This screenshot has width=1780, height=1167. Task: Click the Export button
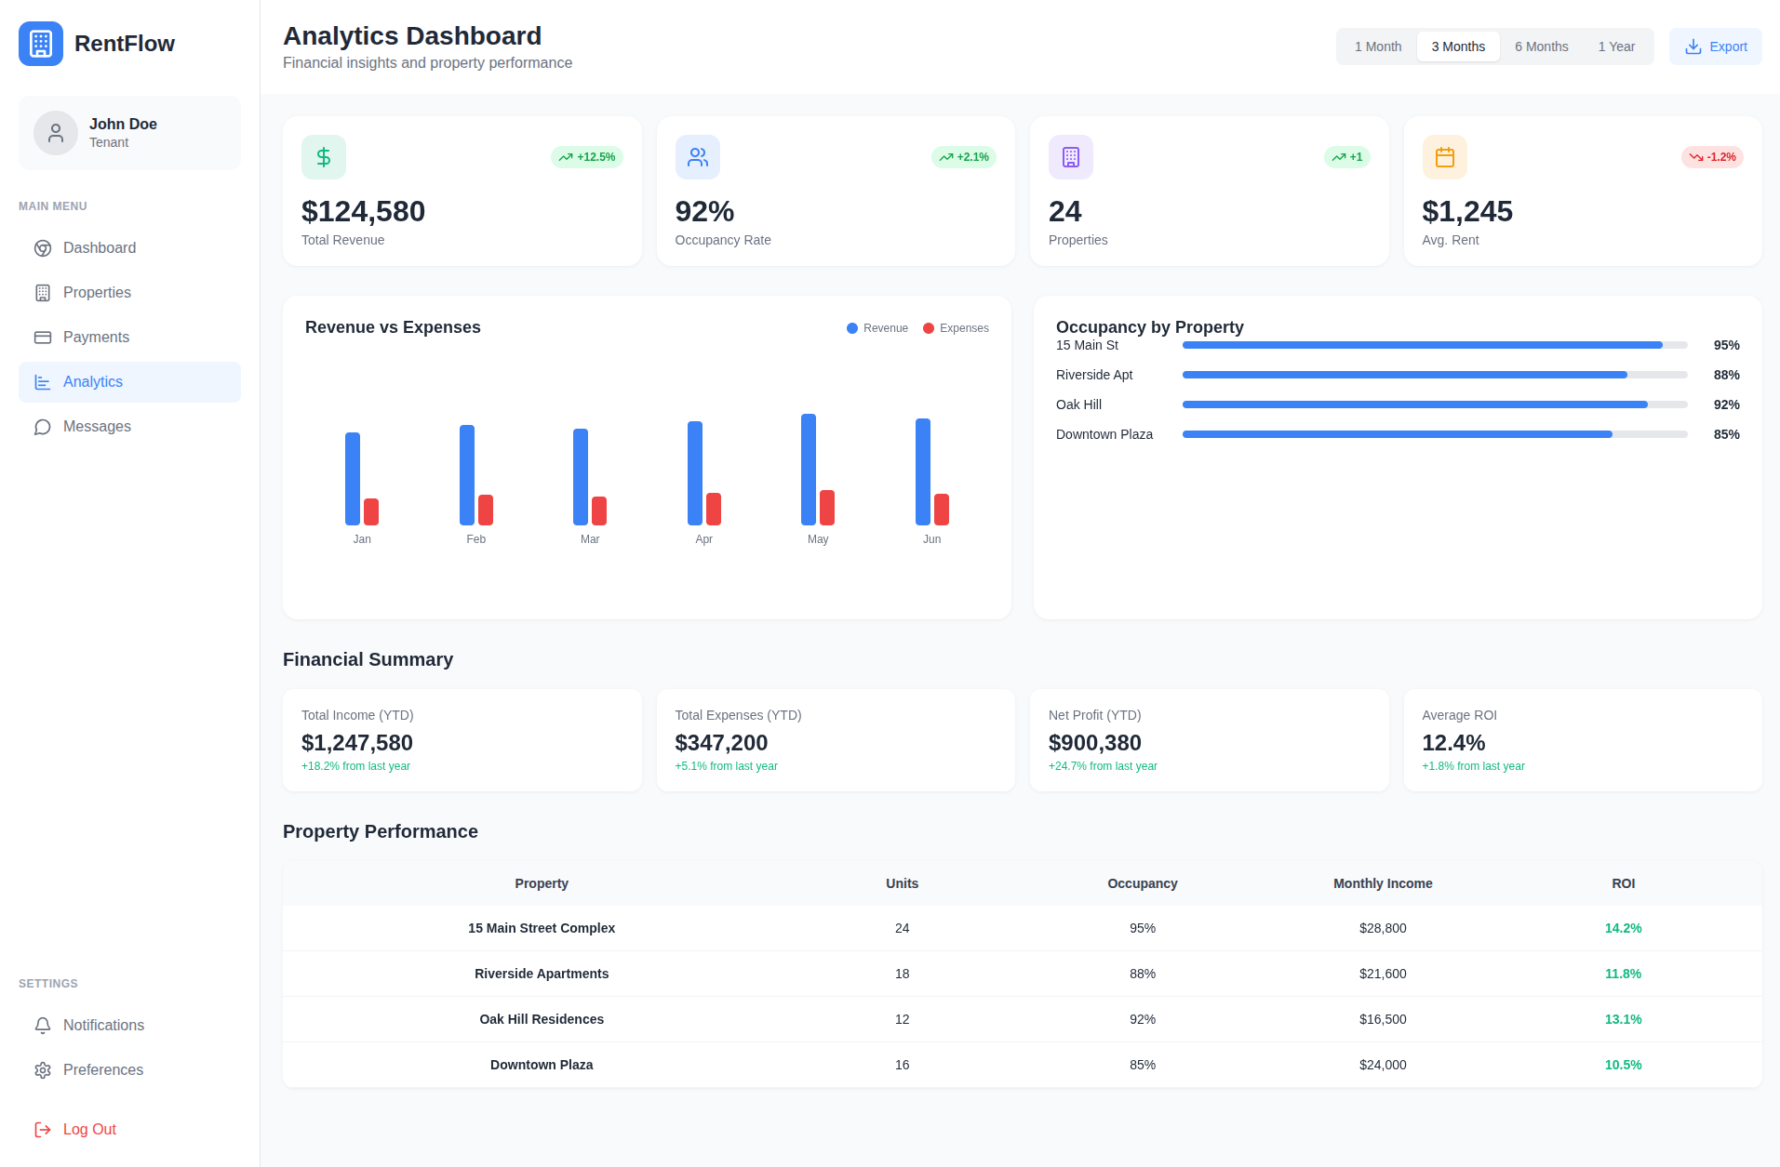[x=1715, y=46]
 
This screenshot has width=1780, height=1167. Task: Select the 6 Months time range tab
[x=1541, y=46]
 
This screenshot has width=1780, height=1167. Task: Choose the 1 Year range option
[x=1616, y=46]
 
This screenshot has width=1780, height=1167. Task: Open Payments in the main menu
[x=96, y=338]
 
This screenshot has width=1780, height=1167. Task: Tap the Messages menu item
[x=97, y=427]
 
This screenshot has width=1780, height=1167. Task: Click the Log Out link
[x=89, y=1130]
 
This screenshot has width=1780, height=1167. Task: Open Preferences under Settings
[x=102, y=1070]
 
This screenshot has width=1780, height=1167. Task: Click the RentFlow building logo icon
[x=41, y=44]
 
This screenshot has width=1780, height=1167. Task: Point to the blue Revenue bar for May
[x=809, y=470]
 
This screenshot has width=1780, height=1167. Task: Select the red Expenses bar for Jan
[x=371, y=511]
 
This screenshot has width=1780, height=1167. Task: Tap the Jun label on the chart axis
[x=931, y=539]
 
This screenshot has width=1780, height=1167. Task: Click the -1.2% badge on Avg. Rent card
[x=1712, y=157]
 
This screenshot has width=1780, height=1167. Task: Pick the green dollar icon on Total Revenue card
[x=324, y=157]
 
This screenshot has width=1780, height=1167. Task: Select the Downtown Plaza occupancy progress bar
[x=1434, y=434]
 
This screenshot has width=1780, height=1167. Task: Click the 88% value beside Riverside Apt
[x=1726, y=375]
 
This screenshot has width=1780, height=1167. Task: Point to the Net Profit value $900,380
[x=1094, y=743]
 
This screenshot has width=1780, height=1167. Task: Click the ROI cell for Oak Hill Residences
[x=1623, y=1019]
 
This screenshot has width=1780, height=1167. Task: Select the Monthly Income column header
[x=1383, y=883]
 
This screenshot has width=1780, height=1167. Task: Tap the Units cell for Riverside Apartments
[x=902, y=974]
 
